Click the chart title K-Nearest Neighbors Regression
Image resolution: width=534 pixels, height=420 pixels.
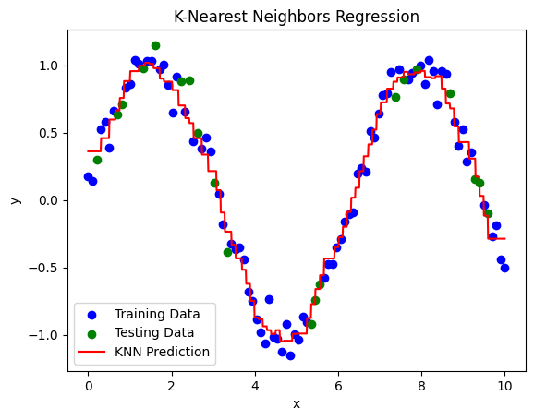[x=297, y=17]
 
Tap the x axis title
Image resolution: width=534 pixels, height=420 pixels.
[x=297, y=403]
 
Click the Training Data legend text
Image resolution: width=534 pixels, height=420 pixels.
[x=160, y=314]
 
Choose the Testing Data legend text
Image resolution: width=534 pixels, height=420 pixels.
[x=157, y=332]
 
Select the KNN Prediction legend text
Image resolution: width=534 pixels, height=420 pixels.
[x=164, y=352]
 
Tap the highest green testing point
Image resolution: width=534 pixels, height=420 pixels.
[x=155, y=45]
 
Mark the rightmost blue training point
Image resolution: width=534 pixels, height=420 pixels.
[x=504, y=268]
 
